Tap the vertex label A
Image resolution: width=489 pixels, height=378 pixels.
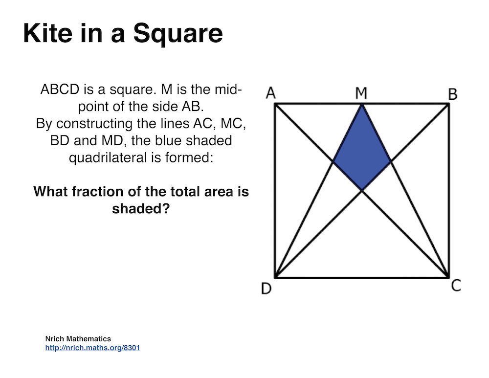point(271,93)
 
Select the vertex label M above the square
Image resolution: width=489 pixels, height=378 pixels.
point(361,93)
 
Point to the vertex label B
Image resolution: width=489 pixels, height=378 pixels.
point(453,94)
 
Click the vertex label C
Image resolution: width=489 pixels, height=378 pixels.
point(456,286)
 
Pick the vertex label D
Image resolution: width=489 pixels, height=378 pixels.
point(266,289)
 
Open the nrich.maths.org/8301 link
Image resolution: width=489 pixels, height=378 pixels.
point(92,348)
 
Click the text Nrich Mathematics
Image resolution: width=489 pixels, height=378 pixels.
point(78,339)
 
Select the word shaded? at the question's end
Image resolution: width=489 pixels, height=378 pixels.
point(141,208)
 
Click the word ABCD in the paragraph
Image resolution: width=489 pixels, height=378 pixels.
point(60,89)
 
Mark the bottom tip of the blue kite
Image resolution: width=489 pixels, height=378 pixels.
point(362,190)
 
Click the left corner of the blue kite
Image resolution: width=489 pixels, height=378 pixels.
point(333,161)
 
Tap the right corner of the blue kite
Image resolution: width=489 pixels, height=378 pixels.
point(391,161)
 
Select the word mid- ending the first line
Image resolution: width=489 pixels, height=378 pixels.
point(228,89)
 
